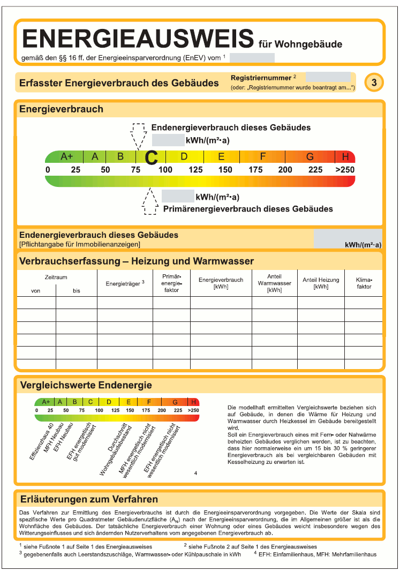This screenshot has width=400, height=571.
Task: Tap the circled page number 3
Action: tap(374, 82)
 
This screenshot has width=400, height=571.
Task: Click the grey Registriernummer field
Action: tap(328, 77)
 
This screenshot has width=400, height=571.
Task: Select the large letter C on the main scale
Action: tap(152, 157)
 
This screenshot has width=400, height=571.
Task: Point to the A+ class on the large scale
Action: tap(66, 156)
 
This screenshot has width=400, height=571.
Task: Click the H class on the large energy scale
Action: tap(345, 156)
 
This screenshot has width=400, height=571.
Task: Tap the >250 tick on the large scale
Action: tap(345, 170)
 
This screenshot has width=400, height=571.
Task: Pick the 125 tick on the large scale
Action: tap(195, 170)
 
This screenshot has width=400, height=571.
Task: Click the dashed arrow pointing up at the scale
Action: tap(150, 202)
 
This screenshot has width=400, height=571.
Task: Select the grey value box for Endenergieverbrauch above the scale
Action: tap(168, 140)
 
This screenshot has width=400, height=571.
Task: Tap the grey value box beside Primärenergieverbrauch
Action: tap(178, 196)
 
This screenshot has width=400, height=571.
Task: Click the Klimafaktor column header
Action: tap(364, 283)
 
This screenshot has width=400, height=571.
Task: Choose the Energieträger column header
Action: tap(125, 283)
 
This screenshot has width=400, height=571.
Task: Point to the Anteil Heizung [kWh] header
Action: tap(321, 283)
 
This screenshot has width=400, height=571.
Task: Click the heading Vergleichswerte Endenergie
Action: tap(86, 385)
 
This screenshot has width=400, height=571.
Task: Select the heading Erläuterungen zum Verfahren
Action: tap(88, 499)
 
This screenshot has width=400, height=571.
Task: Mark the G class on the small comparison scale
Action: tap(175, 402)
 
